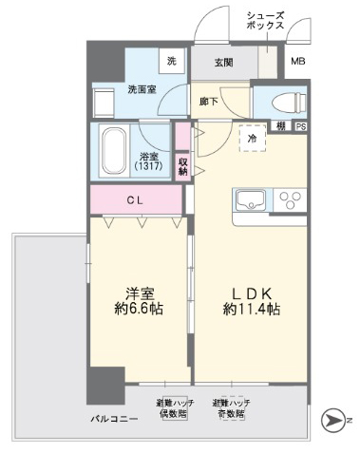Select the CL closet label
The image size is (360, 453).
click(135, 199)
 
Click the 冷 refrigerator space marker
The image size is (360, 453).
click(252, 139)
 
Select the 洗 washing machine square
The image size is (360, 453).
click(172, 62)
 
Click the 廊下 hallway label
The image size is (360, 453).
click(209, 100)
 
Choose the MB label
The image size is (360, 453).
click(298, 63)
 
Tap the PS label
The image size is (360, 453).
click(300, 126)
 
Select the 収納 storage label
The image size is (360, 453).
click(181, 165)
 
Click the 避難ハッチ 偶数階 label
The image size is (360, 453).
click(176, 409)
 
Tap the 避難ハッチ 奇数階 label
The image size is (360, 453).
click(231, 409)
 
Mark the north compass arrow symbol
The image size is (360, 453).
click(335, 419)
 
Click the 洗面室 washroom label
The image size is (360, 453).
click(142, 91)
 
